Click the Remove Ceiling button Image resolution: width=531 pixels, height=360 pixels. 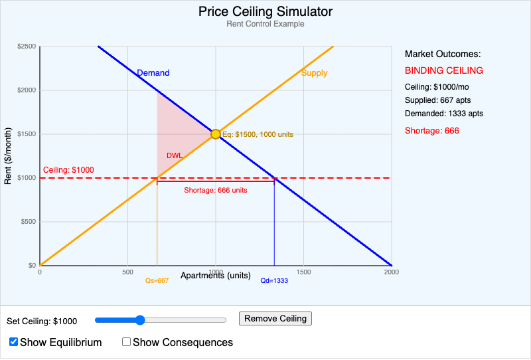click(x=275, y=319)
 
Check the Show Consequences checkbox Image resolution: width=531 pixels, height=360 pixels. click(x=127, y=342)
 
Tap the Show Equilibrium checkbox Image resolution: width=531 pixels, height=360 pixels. click(x=14, y=342)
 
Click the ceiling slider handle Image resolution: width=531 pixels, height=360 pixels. click(x=140, y=320)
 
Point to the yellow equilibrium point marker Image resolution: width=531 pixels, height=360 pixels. click(x=216, y=134)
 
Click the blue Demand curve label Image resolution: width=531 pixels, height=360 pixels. click(x=153, y=73)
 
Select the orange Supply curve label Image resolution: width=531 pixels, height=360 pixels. click(x=314, y=73)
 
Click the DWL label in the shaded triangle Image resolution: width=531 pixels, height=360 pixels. click(x=174, y=155)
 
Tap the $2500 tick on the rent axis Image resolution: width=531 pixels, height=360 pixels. click(x=27, y=46)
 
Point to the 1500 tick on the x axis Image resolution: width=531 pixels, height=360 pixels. click(x=303, y=272)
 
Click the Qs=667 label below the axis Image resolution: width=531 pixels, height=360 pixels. click(x=157, y=281)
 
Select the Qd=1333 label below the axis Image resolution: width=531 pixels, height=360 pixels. click(x=274, y=281)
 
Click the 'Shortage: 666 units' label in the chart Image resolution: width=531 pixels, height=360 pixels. click(x=216, y=190)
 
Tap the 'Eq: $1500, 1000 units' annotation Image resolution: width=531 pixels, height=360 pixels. click(x=258, y=134)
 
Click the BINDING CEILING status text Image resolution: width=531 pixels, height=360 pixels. click(x=444, y=70)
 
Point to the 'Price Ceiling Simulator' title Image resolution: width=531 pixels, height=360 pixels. click(x=265, y=12)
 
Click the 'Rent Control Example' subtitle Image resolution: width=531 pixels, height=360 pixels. click(x=265, y=24)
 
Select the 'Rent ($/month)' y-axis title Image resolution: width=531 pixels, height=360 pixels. click(x=8, y=155)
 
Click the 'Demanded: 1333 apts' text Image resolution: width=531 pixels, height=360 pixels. click(x=444, y=114)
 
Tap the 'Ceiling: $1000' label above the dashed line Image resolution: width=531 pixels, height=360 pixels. click(x=68, y=170)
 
